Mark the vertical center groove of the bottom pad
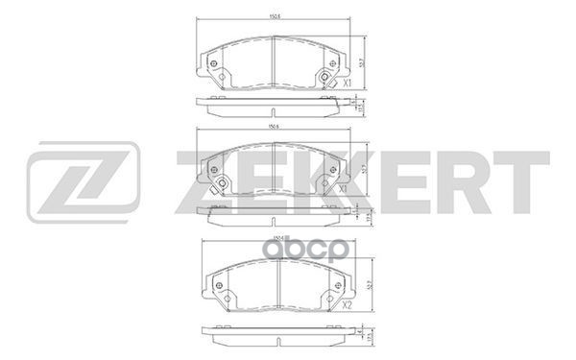[277, 282]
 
